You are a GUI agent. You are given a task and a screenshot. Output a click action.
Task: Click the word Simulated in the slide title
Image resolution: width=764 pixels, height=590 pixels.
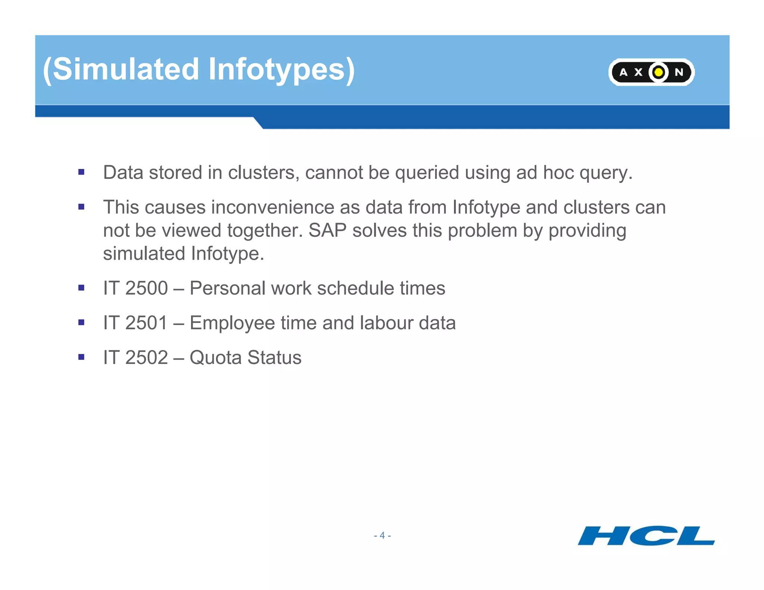(126, 69)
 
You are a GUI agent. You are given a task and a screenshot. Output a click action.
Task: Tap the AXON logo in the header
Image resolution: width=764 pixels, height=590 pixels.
(651, 72)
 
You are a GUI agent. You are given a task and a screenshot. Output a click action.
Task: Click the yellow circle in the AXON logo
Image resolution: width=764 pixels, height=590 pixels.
(659, 72)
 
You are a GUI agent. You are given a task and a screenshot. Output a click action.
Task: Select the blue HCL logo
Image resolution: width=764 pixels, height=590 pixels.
(646, 536)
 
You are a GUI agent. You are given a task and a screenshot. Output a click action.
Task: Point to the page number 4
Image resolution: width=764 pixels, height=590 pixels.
(382, 536)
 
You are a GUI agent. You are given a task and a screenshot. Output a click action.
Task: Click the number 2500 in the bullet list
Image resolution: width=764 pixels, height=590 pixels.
(146, 288)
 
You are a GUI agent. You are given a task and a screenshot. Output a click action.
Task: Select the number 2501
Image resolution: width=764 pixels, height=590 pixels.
(146, 323)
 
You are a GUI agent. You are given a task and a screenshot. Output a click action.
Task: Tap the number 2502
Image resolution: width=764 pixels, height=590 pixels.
(146, 358)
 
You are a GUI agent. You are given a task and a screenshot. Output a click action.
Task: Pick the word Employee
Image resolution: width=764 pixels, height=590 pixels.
(232, 323)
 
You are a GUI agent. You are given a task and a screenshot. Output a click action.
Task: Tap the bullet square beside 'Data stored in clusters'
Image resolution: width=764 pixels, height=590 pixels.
(81, 172)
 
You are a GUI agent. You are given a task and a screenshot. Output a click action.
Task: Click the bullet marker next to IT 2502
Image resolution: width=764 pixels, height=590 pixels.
(81, 357)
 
